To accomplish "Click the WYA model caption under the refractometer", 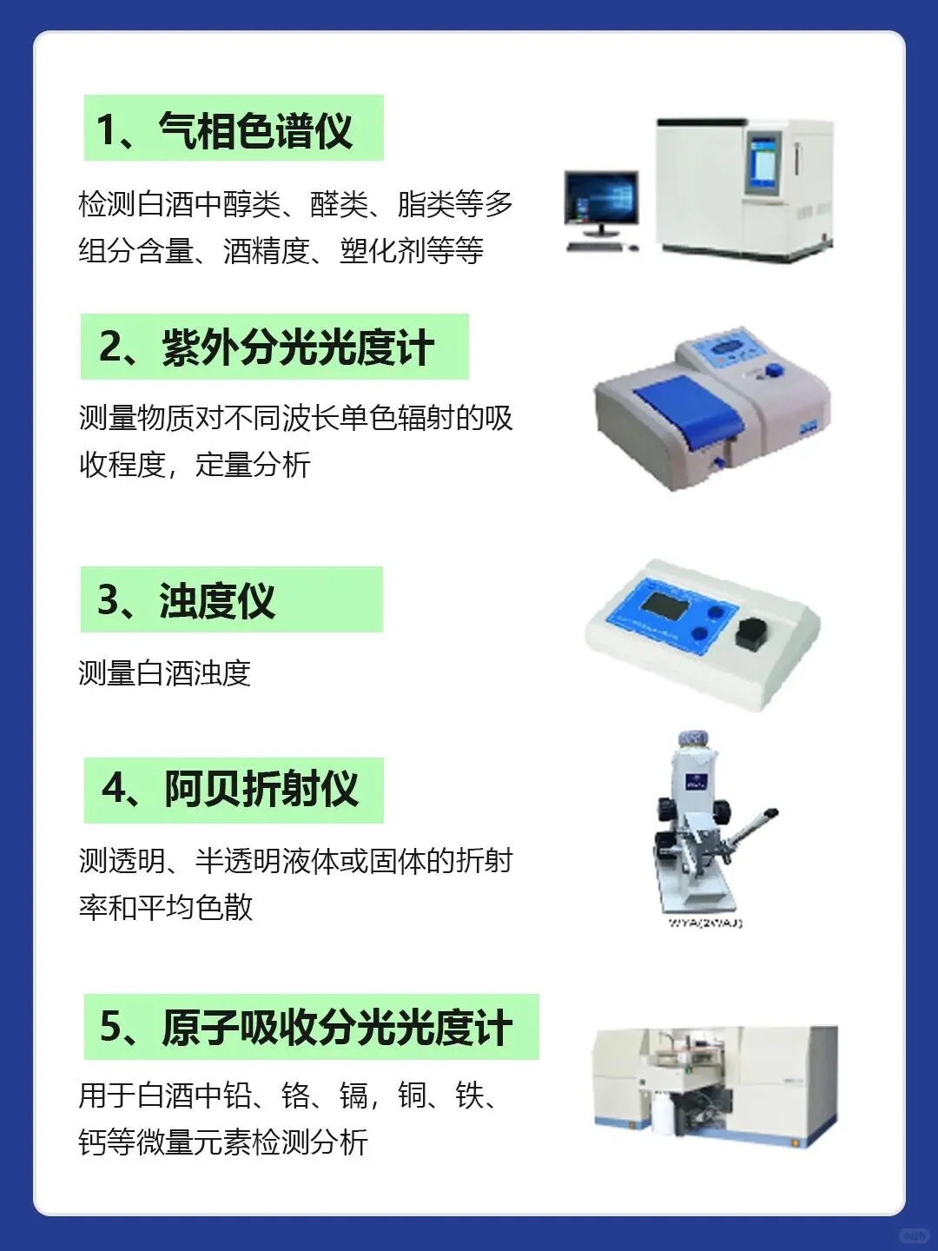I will click(x=705, y=923).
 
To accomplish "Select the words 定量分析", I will click(x=252, y=465).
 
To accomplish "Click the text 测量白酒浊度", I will click(x=165, y=673).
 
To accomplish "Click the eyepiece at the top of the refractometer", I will click(x=692, y=739).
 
